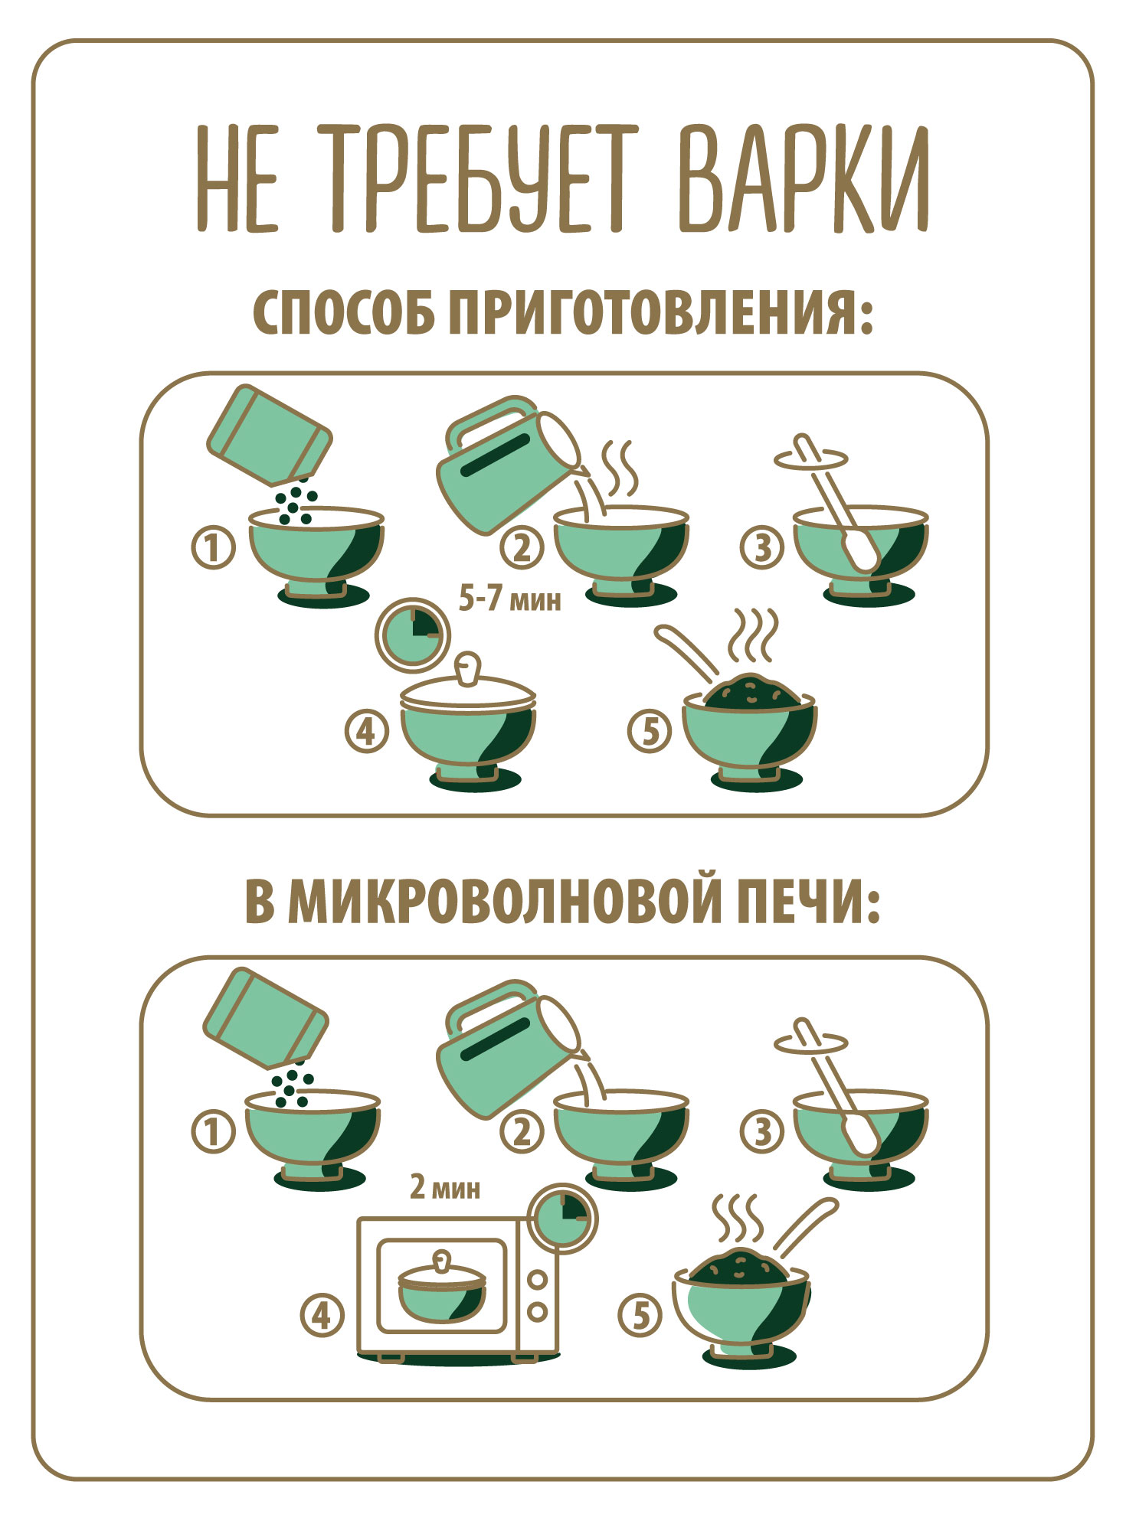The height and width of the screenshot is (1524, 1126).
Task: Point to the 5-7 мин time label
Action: pos(509,599)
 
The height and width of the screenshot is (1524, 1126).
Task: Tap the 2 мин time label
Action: pos(445,1187)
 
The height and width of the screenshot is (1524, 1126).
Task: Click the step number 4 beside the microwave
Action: pos(322,1315)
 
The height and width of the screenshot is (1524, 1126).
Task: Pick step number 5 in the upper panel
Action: pos(649,730)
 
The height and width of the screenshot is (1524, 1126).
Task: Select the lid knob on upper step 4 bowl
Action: pos(466,667)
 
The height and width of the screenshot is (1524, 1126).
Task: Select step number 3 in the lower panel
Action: pos(761,1131)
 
